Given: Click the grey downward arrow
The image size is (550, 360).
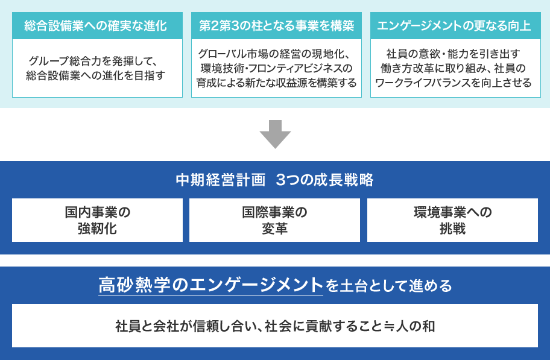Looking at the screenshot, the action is click(275, 134).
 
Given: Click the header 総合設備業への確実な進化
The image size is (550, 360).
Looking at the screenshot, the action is click(96, 25).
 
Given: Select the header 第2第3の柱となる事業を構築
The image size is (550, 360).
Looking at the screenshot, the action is click(276, 25).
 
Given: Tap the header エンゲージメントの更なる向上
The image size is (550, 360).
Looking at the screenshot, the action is click(454, 25).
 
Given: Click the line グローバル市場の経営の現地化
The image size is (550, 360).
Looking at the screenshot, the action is click(274, 54).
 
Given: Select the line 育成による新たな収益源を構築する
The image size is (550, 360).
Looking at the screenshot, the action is click(276, 83).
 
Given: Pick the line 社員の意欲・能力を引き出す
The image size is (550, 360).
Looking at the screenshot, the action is click(453, 54).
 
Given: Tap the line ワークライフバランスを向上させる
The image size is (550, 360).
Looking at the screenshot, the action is click(454, 83).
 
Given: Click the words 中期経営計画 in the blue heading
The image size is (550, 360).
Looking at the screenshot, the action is click(221, 180).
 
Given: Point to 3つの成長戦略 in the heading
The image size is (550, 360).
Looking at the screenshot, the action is click(325, 180).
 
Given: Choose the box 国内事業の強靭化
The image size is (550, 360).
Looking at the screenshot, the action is click(97, 220).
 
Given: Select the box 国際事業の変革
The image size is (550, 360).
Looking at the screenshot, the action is click(274, 220).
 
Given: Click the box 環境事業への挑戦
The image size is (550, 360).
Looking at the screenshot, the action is click(452, 220).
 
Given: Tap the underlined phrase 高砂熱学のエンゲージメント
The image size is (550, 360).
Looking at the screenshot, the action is click(210, 285).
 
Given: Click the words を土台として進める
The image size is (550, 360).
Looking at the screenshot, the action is click(388, 286).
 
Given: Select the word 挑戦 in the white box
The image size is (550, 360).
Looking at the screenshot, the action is click(452, 229).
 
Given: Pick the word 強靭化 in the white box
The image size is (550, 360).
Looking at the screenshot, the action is click(97, 229).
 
